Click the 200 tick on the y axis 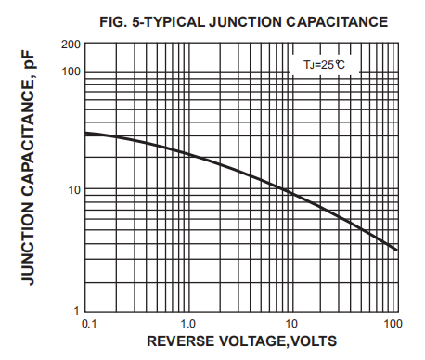coord(70,44)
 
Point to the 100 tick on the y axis coord(70,71)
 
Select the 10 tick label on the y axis coord(72,190)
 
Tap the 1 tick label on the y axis coord(76,309)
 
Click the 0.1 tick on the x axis coord(89,323)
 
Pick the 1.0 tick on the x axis coord(188,323)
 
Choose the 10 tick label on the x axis coord(291,323)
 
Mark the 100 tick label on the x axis coord(392,323)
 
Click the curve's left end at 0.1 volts coord(85,133)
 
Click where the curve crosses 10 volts coord(291,193)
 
